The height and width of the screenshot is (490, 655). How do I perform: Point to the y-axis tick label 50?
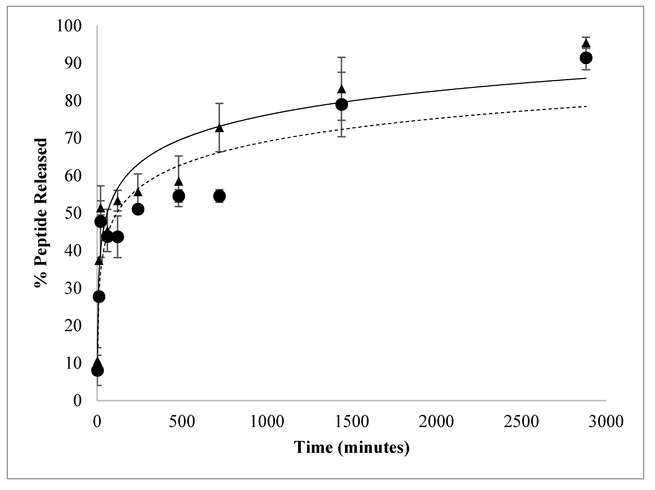pyautogui.click(x=73, y=214)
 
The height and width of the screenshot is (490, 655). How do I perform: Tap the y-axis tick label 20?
pyautogui.click(x=73, y=326)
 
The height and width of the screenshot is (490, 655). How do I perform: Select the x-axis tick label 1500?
pyautogui.click(x=352, y=421)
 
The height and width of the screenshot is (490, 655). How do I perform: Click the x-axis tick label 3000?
pyautogui.click(x=606, y=421)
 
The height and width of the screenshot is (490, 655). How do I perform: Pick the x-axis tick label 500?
pyautogui.click(x=182, y=421)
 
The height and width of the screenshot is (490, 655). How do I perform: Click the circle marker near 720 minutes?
pyautogui.click(x=219, y=196)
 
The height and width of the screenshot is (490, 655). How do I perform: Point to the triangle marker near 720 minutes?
pyautogui.click(x=219, y=128)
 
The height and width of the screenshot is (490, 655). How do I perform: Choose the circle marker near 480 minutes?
pyautogui.click(x=178, y=196)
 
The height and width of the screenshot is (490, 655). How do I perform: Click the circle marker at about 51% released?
pyautogui.click(x=138, y=209)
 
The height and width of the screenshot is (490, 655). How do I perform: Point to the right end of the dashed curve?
pyautogui.click(x=586, y=106)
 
